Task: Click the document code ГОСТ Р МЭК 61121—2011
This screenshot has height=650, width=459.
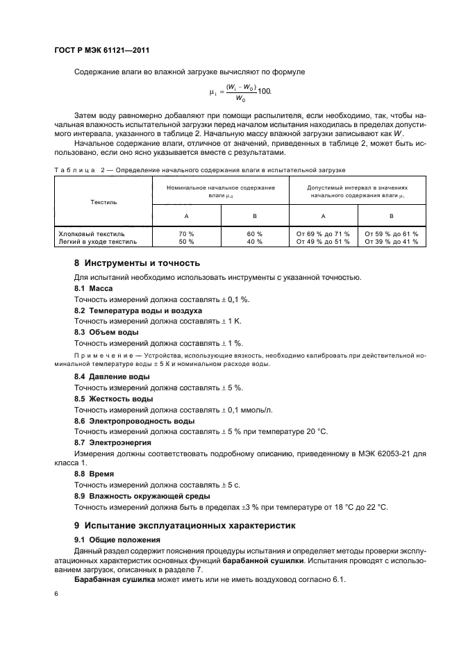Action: point(102,51)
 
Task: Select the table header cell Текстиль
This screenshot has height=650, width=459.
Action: point(103,202)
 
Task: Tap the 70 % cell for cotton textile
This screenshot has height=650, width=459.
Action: point(187,234)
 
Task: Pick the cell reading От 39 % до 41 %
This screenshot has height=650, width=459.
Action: point(392,242)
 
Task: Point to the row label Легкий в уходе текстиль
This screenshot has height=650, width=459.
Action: point(98,242)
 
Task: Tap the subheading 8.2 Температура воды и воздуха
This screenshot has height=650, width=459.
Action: point(138,310)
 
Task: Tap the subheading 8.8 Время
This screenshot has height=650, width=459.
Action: point(93,474)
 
